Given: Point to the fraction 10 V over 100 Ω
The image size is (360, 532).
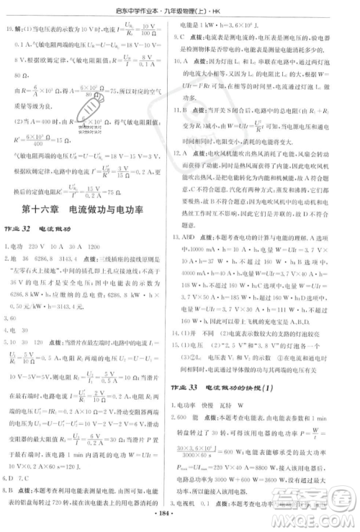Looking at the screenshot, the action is (x=149, y=31).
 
